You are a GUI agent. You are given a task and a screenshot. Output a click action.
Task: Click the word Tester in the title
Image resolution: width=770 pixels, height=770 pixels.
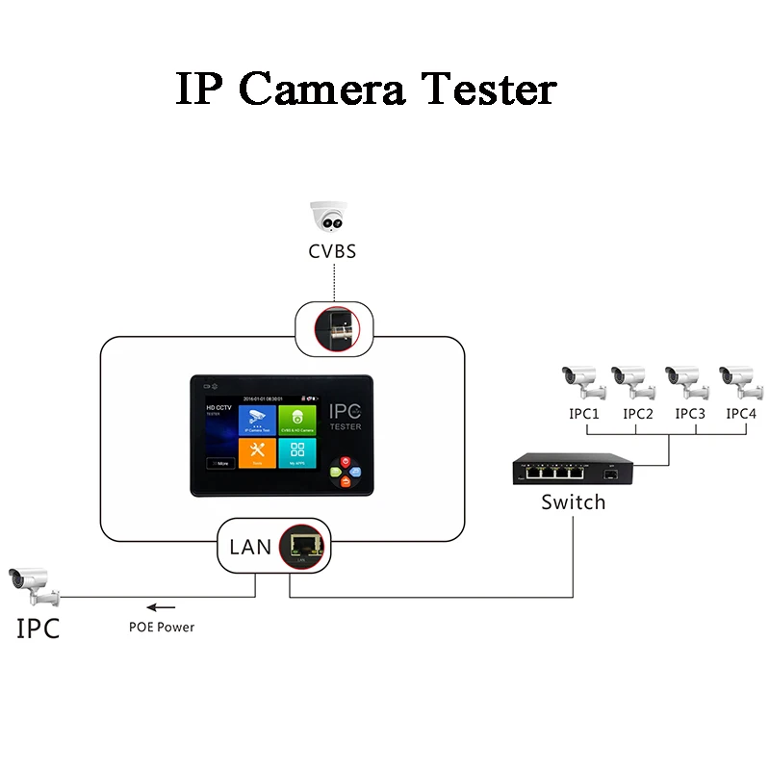(491, 89)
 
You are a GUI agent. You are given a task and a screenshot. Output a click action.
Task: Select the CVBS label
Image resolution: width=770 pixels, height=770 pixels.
(333, 251)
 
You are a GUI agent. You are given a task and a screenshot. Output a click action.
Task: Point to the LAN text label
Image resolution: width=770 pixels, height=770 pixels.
(250, 548)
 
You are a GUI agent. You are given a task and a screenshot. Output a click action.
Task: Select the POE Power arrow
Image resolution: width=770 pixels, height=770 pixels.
(161, 607)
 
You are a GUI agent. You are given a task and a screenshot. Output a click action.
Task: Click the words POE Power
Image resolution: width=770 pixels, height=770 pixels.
(162, 628)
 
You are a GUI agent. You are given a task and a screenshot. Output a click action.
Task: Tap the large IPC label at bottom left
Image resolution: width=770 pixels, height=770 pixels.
(38, 629)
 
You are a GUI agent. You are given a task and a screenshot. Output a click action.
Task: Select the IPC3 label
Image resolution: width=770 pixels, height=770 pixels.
(690, 414)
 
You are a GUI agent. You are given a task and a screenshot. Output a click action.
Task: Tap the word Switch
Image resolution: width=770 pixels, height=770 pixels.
(574, 501)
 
